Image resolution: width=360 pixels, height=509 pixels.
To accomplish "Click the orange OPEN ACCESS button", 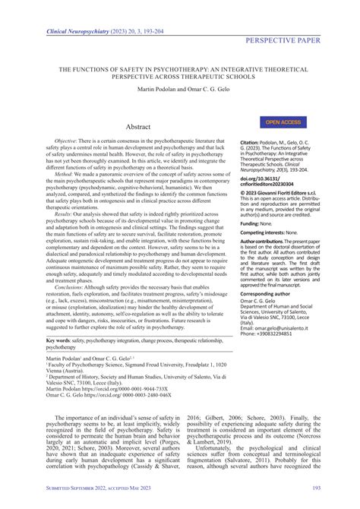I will point(283,122).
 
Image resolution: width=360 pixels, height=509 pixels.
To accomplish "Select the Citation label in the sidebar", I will point(273,141).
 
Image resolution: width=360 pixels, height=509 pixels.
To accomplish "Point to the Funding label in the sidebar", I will point(273,224).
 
